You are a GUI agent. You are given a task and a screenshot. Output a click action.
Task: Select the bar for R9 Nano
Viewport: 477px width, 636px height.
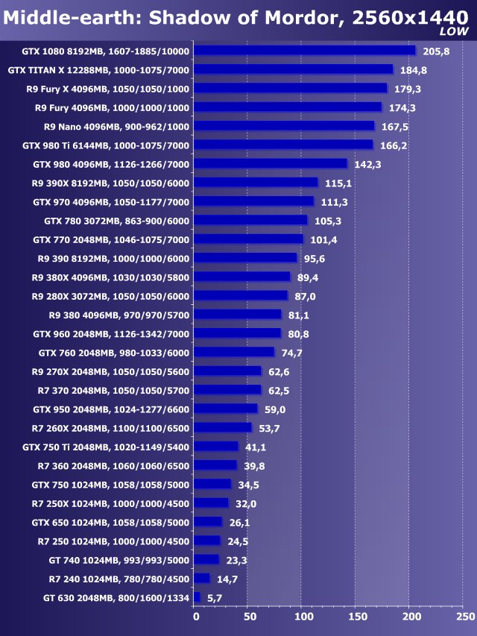click(x=285, y=126)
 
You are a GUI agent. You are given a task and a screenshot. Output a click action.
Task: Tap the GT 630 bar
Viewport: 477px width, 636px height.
click(x=197, y=597)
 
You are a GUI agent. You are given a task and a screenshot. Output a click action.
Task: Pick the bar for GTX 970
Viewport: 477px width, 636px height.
click(x=254, y=201)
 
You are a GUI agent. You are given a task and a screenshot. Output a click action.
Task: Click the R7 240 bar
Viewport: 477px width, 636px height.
click(x=202, y=579)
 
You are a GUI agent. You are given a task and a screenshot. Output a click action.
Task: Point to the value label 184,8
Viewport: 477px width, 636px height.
click(x=414, y=70)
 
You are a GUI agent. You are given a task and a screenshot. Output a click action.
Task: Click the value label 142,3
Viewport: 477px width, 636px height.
click(x=367, y=164)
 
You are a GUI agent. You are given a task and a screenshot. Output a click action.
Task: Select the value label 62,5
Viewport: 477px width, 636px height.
click(x=282, y=390)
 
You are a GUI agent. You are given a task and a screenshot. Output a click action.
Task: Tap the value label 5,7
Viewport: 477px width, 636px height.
click(x=214, y=598)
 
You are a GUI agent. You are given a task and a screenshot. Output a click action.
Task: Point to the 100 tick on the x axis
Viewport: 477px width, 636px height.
click(x=303, y=617)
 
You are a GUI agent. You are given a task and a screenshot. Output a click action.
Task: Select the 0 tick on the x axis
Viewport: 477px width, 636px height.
click(x=195, y=617)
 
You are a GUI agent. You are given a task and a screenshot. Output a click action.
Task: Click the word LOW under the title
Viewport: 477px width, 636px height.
click(x=454, y=32)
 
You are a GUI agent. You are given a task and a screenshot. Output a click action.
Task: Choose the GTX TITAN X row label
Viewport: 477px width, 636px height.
click(x=98, y=70)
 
